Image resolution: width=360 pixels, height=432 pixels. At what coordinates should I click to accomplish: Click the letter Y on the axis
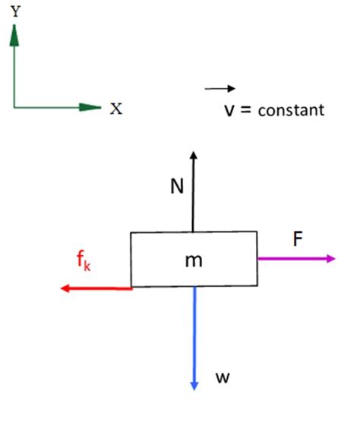click(x=15, y=11)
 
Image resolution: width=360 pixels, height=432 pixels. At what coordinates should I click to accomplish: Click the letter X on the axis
click(x=115, y=108)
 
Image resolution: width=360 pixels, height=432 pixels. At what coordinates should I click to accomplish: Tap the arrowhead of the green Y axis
click(x=14, y=30)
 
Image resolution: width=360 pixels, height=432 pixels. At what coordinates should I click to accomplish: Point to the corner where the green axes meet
click(x=14, y=107)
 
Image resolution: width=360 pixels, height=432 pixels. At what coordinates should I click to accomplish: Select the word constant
click(x=291, y=111)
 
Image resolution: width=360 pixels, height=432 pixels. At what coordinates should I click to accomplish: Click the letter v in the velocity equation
click(x=228, y=110)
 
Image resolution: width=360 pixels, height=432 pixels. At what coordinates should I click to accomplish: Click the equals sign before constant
click(x=246, y=110)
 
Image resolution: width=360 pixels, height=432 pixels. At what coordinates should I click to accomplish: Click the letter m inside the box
click(x=194, y=260)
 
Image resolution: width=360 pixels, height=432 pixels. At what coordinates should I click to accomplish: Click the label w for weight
click(x=222, y=377)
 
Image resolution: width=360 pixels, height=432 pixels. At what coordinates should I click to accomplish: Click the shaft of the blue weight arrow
click(x=194, y=334)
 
